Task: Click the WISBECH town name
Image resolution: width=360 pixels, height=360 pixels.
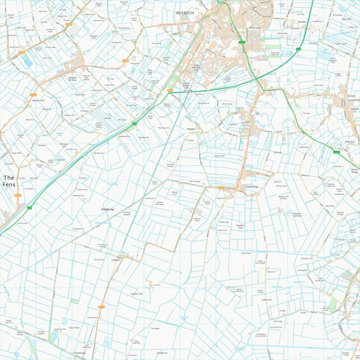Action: click(x=185, y=12)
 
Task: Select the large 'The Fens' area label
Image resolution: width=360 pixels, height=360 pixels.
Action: click(x=8, y=181)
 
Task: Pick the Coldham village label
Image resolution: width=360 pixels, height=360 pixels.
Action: click(x=116, y=260)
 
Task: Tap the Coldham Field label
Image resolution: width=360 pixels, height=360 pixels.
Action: click(x=136, y=294)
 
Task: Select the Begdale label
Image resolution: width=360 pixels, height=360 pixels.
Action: click(x=191, y=129)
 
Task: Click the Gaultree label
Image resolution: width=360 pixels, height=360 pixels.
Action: click(x=354, y=108)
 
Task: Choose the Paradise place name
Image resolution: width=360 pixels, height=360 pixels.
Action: click(x=302, y=23)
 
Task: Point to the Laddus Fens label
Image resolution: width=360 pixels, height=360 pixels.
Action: click(x=266, y=300)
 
